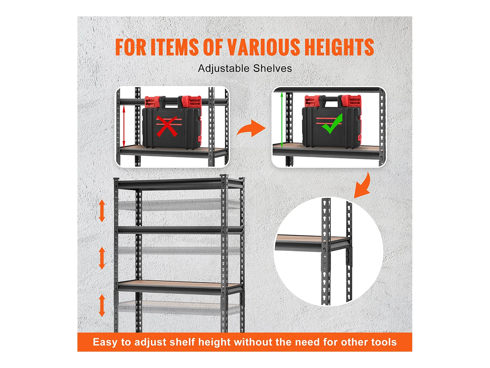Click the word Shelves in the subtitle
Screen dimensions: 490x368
click(272, 68)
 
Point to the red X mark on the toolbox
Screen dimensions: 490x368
click(167, 126)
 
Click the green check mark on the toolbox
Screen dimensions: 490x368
click(332, 124)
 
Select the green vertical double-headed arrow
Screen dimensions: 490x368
click(282, 120)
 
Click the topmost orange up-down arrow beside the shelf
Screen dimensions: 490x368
click(102, 211)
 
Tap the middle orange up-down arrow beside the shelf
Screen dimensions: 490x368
click(102, 258)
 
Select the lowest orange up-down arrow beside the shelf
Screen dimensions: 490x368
click(102, 305)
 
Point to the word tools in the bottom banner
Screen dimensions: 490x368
click(384, 342)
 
